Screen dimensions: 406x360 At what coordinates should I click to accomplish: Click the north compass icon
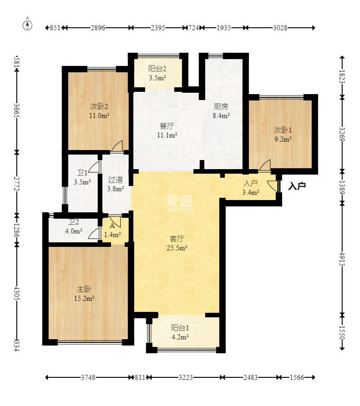tap(28, 25)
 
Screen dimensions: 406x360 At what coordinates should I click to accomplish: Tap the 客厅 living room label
tap(177, 238)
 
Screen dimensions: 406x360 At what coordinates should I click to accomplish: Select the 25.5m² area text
tap(177, 248)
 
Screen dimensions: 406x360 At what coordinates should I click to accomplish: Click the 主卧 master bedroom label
tap(82, 289)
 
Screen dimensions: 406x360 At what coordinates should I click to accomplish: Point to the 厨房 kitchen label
tap(221, 107)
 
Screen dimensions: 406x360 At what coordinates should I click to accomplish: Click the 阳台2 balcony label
tap(157, 69)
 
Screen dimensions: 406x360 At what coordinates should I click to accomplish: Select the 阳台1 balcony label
tap(179, 327)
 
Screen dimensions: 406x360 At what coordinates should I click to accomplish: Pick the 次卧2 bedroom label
tap(99, 107)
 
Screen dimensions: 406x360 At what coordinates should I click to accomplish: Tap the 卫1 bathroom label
tap(82, 173)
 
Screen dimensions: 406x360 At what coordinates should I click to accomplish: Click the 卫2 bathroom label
tap(74, 222)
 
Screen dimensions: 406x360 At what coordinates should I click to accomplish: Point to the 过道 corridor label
tap(115, 179)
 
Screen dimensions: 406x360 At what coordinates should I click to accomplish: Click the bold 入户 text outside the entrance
tap(297, 185)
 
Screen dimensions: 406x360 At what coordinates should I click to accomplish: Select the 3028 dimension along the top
tap(280, 28)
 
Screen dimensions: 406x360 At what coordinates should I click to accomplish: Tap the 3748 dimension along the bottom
tap(89, 377)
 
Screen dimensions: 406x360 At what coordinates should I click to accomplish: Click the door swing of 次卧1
tap(265, 165)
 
